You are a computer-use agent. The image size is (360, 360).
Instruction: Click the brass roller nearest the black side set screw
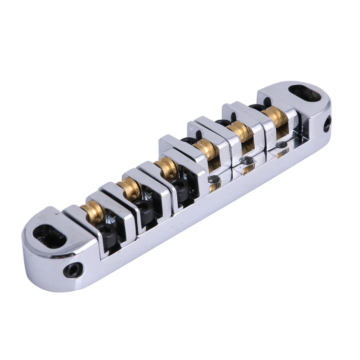coord(94,209)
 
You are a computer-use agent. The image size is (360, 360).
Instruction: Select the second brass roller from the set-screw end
coord(129,187)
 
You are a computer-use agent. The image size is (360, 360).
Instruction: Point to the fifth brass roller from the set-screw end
coord(240,131)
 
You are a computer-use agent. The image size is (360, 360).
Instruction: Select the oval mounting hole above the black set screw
coord(50,234)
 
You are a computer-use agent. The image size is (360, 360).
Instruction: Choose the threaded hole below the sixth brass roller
coord(281,145)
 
